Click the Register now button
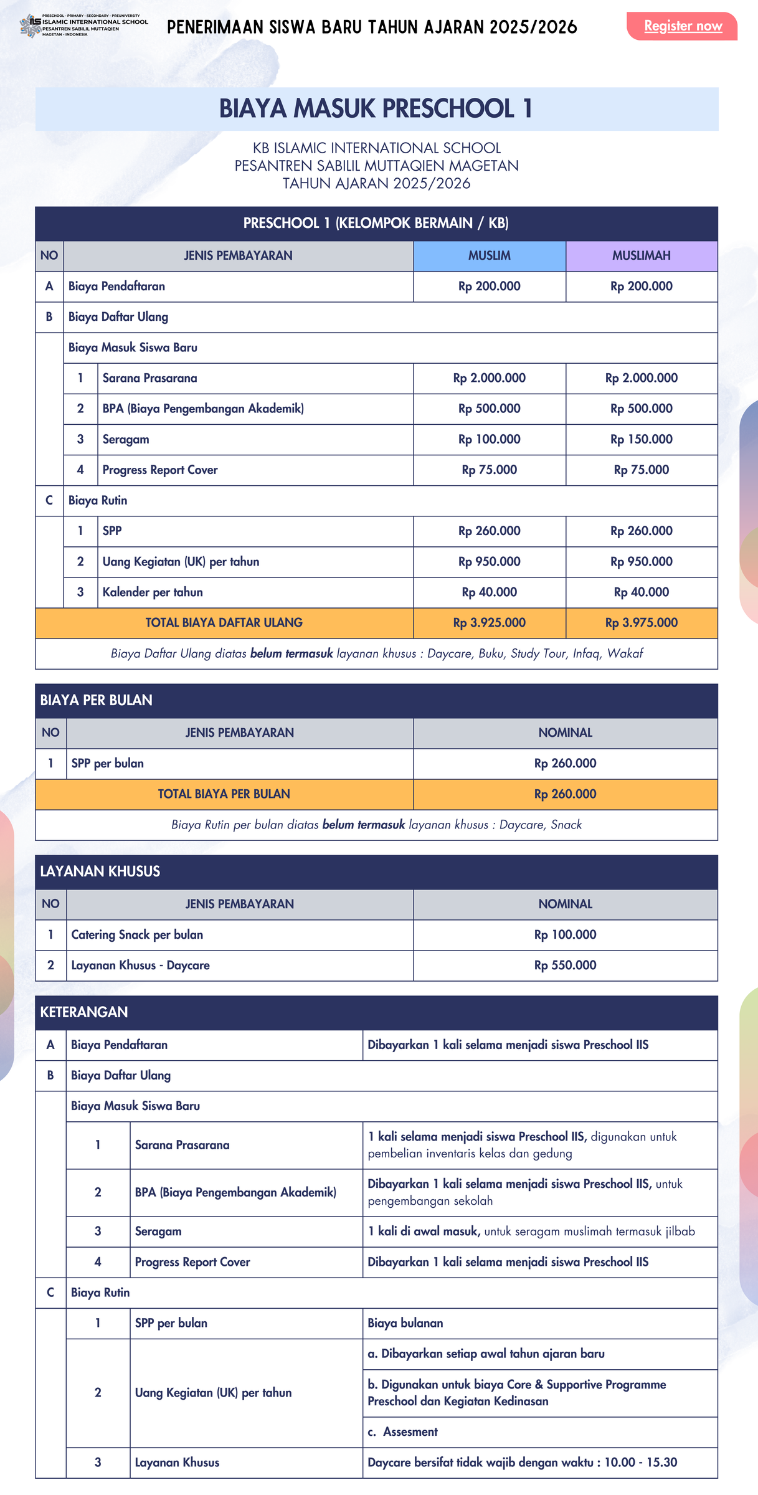coord(682,26)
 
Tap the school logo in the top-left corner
coord(31,26)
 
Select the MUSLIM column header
coord(489,255)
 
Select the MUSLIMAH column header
coord(641,255)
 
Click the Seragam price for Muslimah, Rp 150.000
coord(641,439)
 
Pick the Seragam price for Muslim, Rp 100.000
coord(489,439)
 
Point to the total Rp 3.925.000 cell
coord(489,622)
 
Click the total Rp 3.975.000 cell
coord(641,622)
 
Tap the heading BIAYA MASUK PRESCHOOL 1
coord(376,108)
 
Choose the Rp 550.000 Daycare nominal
coord(565,965)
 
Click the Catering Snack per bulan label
coord(137,934)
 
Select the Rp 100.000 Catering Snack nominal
coord(565,934)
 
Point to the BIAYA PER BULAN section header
coord(97,700)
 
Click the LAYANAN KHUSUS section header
coord(100,871)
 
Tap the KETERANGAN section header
coord(84,1012)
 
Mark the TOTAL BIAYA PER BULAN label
coord(224,794)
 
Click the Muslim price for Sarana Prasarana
coord(489,378)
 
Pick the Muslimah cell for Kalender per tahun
coord(641,592)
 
